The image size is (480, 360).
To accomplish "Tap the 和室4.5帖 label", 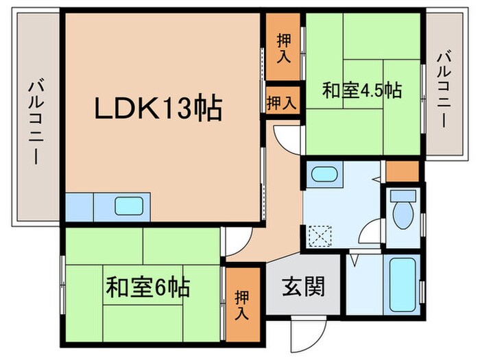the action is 362,91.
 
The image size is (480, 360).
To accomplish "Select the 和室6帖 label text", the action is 148,287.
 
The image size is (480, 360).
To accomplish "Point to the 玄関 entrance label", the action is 303,287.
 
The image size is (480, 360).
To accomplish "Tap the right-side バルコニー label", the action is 444,90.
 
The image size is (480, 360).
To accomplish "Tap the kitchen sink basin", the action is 129,206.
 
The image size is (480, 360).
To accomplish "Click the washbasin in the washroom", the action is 324,175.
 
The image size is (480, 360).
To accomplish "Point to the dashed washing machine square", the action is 320,236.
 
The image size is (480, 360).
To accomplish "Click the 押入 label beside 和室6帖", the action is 242,305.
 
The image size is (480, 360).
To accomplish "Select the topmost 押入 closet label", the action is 284,49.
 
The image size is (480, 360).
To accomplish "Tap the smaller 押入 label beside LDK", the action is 281,102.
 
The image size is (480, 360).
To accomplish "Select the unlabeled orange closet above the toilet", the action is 402,171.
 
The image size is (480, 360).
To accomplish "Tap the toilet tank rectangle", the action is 403,195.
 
